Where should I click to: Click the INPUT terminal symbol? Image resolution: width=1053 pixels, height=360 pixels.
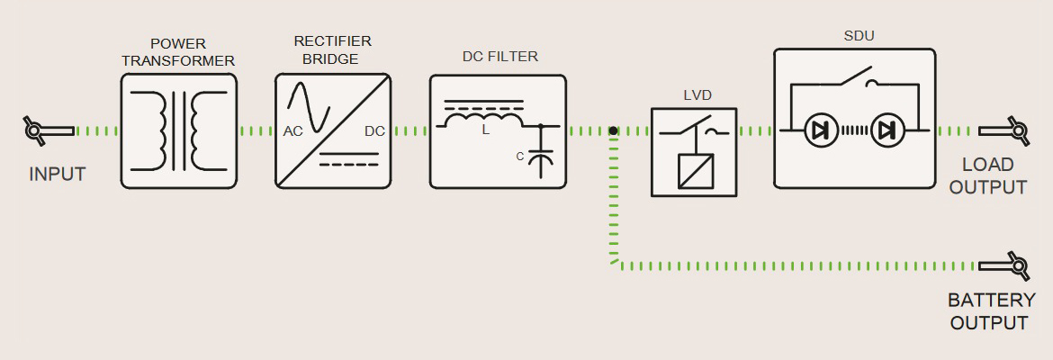pyautogui.click(x=49, y=130)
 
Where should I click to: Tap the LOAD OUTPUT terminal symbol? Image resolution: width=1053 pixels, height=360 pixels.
pyautogui.click(x=1004, y=130)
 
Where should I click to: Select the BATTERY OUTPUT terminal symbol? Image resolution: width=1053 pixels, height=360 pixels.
pyautogui.click(x=1004, y=266)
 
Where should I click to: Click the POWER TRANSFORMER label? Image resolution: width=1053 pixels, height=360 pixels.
pyautogui.click(x=178, y=52)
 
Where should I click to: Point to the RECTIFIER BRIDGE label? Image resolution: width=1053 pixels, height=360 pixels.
pyautogui.click(x=332, y=49)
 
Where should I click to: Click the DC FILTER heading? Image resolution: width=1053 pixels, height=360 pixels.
pyautogui.click(x=499, y=57)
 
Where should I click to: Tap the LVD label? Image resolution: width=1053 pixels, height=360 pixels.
pyautogui.click(x=697, y=95)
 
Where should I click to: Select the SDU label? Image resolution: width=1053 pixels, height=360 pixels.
pyautogui.click(x=859, y=36)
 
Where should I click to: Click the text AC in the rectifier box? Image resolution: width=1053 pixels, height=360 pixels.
pyautogui.click(x=292, y=131)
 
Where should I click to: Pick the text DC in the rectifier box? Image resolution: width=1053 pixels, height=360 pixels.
pyautogui.click(x=374, y=131)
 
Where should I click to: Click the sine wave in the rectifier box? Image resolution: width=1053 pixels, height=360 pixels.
pyautogui.click(x=309, y=107)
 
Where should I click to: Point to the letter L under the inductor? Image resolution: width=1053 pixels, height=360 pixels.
pyautogui.click(x=485, y=130)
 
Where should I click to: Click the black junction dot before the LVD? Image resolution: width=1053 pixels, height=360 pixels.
pyautogui.click(x=613, y=131)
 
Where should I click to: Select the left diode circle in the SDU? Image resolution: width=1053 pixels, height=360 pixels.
pyautogui.click(x=821, y=131)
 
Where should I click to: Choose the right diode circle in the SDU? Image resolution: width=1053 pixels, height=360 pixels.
pyautogui.click(x=887, y=131)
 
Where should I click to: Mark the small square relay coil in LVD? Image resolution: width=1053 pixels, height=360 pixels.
pyautogui.click(x=695, y=171)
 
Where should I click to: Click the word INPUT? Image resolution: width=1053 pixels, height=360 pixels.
pyautogui.click(x=57, y=175)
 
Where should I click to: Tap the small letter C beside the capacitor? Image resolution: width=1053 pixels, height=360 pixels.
pyautogui.click(x=520, y=157)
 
